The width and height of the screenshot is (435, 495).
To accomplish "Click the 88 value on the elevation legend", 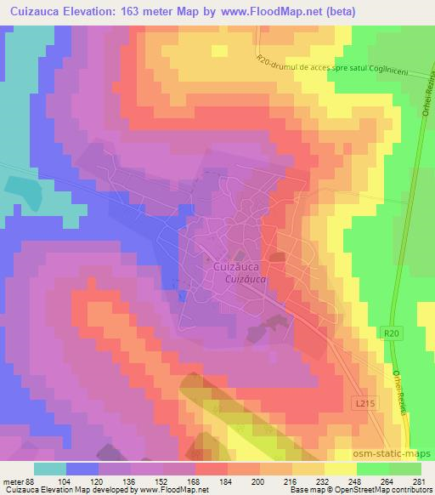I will click(x=31, y=482).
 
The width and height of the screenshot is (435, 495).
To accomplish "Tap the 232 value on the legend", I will click(x=323, y=482).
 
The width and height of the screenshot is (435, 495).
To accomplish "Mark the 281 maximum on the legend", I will click(x=420, y=482).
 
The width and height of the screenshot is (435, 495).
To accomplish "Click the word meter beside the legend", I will click(x=13, y=482).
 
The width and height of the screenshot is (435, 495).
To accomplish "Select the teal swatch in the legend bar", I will click(x=49, y=469).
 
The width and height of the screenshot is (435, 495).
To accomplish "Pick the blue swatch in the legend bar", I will click(x=82, y=469).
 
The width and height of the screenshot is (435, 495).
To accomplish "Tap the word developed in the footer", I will click(x=97, y=491).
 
